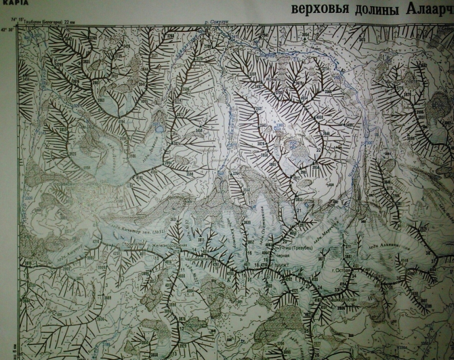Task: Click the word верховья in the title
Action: (x=317, y=10)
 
